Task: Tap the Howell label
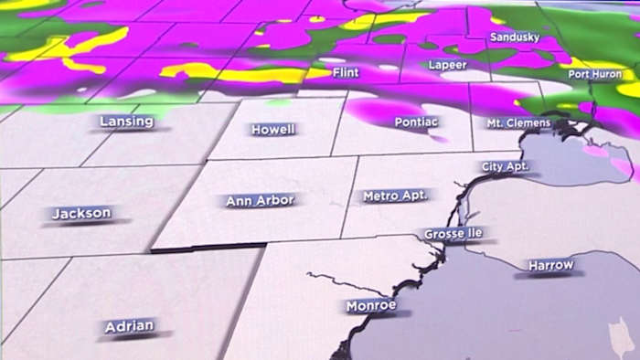coord(273,130)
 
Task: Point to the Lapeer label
coord(447,66)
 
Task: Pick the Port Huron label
coord(596,74)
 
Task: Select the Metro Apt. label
coord(396,196)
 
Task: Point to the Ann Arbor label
coord(261,201)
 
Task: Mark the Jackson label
coord(81,214)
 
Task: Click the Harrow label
coord(551,266)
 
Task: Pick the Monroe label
coord(371,305)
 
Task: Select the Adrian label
coord(129,325)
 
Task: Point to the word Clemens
coord(535,122)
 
